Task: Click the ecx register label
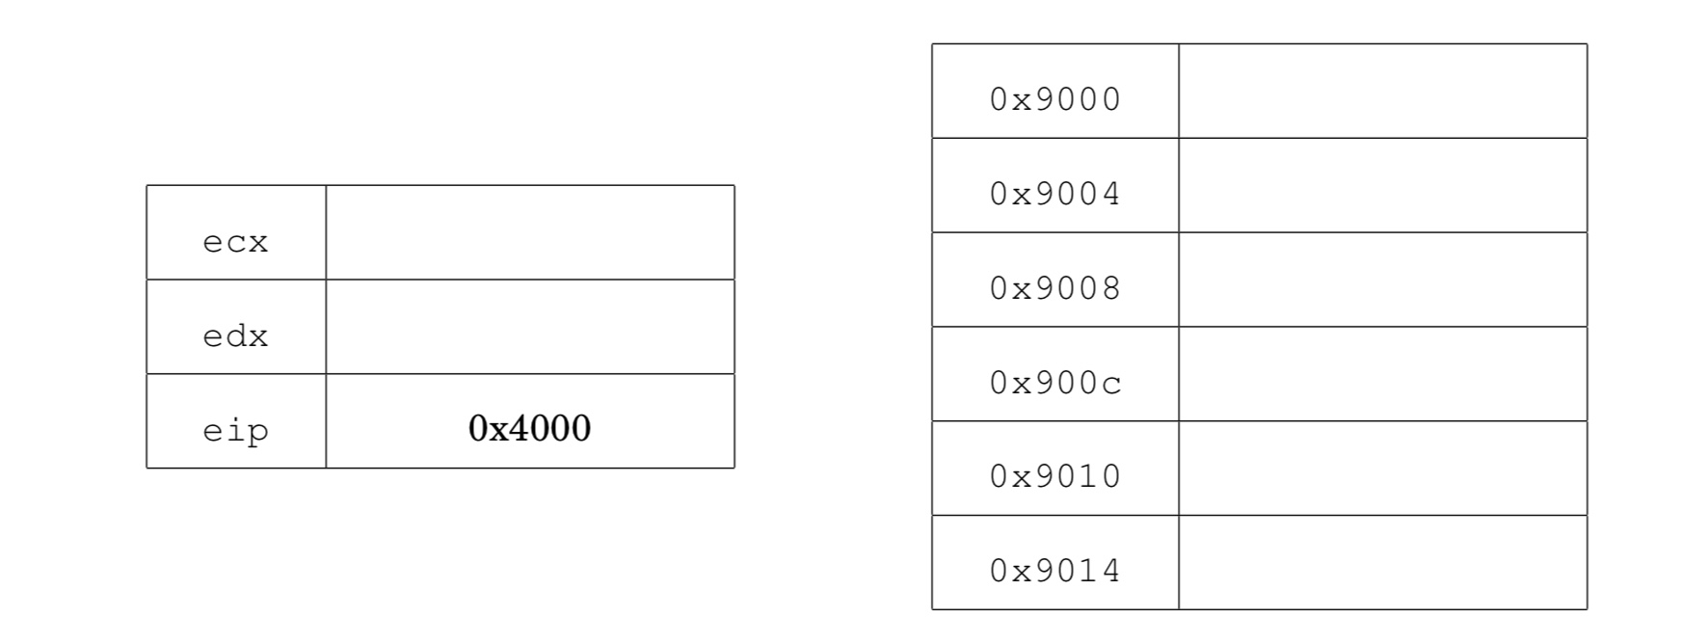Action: (x=235, y=242)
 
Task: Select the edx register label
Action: (x=235, y=335)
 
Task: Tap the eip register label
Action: (x=235, y=430)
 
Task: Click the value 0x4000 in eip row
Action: (x=529, y=428)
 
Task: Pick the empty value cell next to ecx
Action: (x=530, y=232)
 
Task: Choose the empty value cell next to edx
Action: (x=530, y=327)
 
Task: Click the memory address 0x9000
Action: (x=1055, y=99)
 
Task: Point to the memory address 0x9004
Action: (x=1055, y=194)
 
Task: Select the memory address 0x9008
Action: (x=1055, y=288)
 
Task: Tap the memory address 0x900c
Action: (x=1055, y=383)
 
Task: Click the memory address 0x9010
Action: (x=1055, y=476)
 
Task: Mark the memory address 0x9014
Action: (x=1055, y=571)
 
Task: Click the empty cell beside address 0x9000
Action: (x=1383, y=91)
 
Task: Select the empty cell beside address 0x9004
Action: (x=1383, y=185)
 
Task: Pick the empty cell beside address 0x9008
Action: (x=1383, y=280)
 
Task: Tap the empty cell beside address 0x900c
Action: (x=1383, y=374)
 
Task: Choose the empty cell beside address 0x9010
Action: (x=1383, y=469)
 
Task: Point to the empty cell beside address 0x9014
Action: (x=1383, y=562)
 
